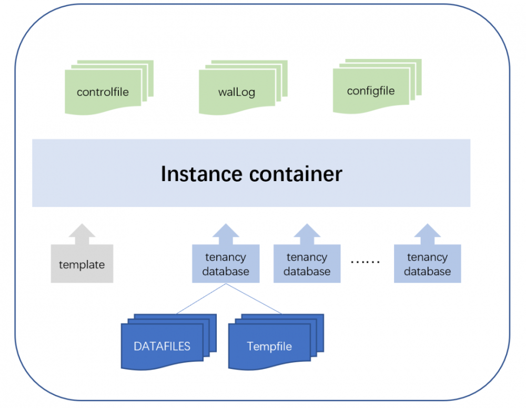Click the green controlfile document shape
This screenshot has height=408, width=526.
(103, 92)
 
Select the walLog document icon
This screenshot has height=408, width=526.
(237, 92)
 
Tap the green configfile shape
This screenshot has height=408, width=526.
(371, 91)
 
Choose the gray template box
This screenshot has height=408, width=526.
(82, 264)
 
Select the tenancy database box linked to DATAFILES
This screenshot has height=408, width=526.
(226, 264)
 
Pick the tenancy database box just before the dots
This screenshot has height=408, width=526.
(307, 264)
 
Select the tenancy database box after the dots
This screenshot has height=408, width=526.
(427, 264)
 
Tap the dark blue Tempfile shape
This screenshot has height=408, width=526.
(269, 346)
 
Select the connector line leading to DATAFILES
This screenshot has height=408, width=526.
(201, 298)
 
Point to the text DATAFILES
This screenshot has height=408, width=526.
(162, 346)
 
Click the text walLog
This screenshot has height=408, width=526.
(237, 93)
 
